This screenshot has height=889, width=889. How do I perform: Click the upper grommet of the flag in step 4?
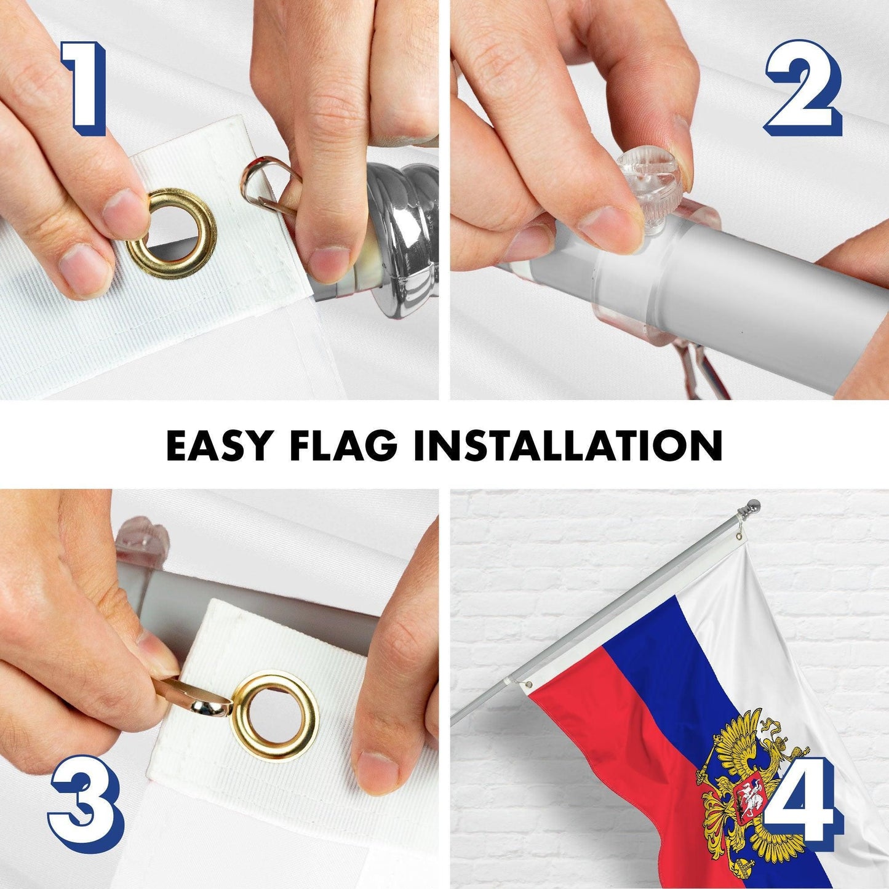[x=741, y=536]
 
